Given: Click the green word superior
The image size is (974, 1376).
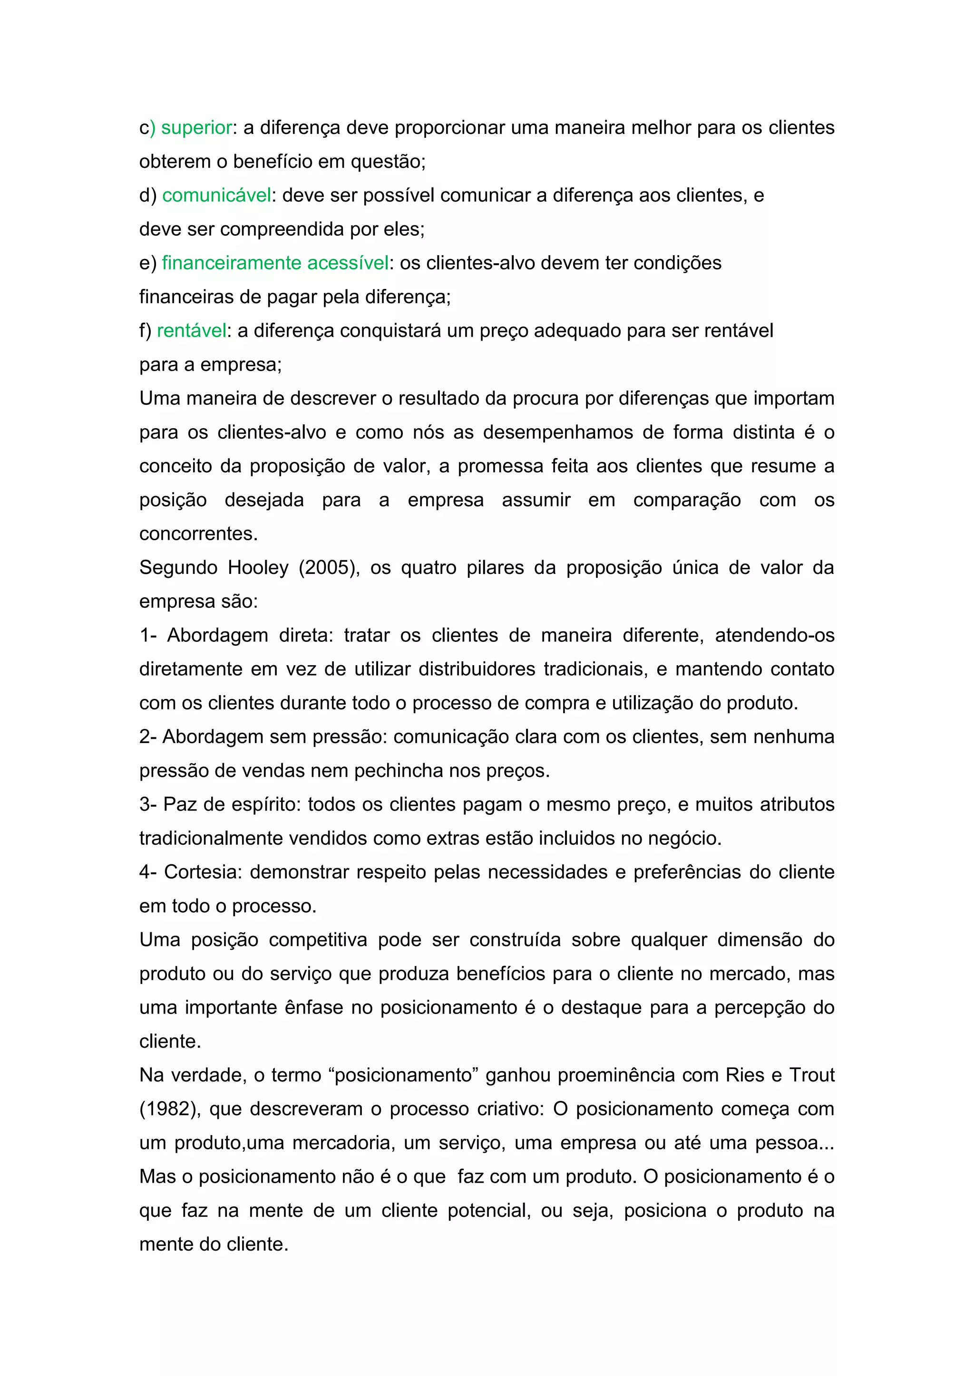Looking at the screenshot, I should pyautogui.click(x=196, y=128).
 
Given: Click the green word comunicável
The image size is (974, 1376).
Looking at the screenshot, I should pyautogui.click(x=216, y=195).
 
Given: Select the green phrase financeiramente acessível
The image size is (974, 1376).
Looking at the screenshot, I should pyautogui.click(x=275, y=263).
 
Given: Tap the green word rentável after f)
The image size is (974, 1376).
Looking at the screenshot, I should pyautogui.click(x=191, y=331).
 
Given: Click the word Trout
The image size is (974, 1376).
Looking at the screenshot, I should pyautogui.click(x=811, y=1075).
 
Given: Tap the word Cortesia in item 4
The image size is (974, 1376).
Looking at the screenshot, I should pyautogui.click(x=202, y=872).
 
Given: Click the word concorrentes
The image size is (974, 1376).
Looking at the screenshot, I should pyautogui.click(x=198, y=534).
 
